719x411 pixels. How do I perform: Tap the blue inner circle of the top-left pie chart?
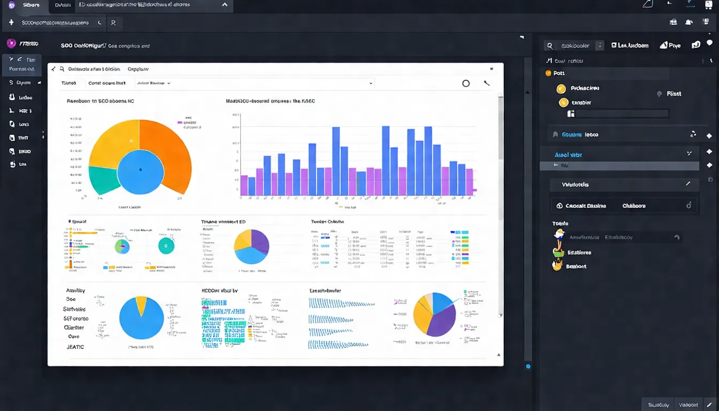coord(140,171)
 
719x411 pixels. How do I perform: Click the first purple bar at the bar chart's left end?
coord(244,185)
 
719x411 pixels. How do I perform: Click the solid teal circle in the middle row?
coord(166,246)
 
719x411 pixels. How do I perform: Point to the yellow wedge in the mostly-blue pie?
coord(142,305)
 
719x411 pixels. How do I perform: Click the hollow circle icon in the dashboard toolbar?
coord(466,83)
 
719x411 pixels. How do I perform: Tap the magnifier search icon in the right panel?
coord(549,46)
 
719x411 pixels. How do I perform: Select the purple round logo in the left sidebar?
coord(11,44)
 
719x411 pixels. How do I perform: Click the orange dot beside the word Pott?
coord(548,73)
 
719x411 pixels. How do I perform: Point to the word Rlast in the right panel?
coord(674,94)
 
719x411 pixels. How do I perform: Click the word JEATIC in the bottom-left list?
coord(75,347)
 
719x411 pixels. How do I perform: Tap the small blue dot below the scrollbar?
coord(528,367)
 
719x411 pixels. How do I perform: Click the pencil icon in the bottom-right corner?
coord(709,405)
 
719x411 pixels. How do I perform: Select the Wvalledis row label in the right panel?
coord(575,185)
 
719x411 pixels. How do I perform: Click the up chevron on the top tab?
coord(225,5)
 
